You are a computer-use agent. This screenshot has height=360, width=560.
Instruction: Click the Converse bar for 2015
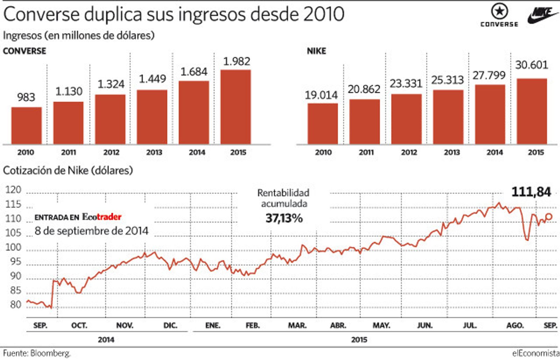(x=236, y=107)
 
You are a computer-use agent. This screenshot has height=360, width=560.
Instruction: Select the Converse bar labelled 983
(x=26, y=125)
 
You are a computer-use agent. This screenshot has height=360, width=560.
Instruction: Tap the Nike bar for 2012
(x=406, y=119)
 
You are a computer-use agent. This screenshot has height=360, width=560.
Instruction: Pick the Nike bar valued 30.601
(x=532, y=111)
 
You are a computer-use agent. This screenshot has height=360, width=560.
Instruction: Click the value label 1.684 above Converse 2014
(x=194, y=72)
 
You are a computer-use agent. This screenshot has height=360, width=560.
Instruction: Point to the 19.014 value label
(x=321, y=95)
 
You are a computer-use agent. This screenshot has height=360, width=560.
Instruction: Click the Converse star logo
(x=499, y=12)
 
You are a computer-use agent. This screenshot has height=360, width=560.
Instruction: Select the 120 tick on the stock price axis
(x=13, y=190)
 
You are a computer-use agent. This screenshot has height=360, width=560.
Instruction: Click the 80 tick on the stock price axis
(x=15, y=305)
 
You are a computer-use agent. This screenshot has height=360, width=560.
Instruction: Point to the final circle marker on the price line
(x=549, y=217)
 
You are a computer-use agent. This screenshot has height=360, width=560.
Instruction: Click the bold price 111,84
(x=531, y=192)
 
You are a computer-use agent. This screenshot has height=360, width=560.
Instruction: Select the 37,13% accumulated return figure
(x=284, y=218)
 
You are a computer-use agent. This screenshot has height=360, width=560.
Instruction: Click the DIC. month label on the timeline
(x=170, y=325)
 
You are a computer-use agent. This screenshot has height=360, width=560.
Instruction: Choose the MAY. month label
(x=381, y=325)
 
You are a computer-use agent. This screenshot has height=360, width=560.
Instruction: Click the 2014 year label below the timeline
(x=106, y=340)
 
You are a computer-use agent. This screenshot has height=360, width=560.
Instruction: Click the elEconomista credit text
(x=535, y=353)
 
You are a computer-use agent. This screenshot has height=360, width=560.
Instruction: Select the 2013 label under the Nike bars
(x=451, y=152)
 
